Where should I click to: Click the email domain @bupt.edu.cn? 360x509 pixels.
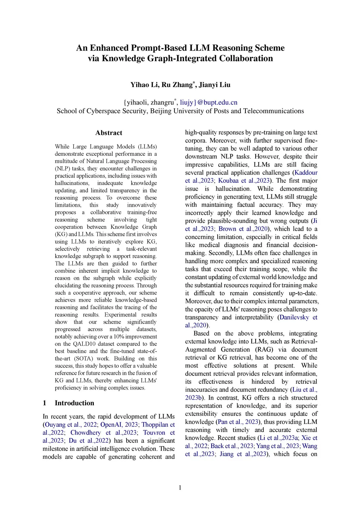coord(217,103)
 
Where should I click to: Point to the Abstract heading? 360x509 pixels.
coord(109,133)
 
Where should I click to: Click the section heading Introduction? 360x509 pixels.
coord(74,403)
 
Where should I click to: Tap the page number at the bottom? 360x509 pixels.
coord(180,488)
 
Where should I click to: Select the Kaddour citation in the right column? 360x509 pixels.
coord(306,173)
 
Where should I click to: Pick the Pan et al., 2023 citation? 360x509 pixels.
coord(238,422)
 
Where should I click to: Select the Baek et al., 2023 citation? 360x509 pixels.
coord(232,446)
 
